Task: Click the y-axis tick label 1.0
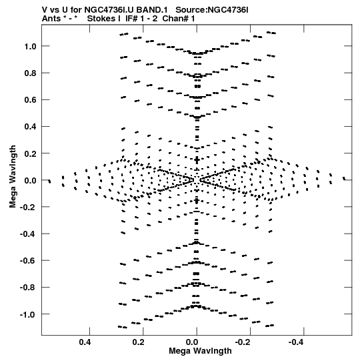click(31, 46)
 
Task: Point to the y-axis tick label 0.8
click(31, 73)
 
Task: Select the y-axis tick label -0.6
click(28, 261)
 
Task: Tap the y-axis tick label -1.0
click(28, 314)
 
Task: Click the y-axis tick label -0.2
click(28, 207)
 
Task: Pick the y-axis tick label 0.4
click(31, 127)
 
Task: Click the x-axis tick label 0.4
click(85, 342)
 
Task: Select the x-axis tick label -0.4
click(297, 342)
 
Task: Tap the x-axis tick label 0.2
click(139, 342)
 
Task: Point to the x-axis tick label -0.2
click(243, 342)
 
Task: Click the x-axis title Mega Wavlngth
click(200, 351)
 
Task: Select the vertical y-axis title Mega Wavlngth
click(13, 177)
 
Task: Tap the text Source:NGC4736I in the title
click(212, 10)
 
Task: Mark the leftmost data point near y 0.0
click(49, 182)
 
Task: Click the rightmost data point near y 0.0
click(344, 178)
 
